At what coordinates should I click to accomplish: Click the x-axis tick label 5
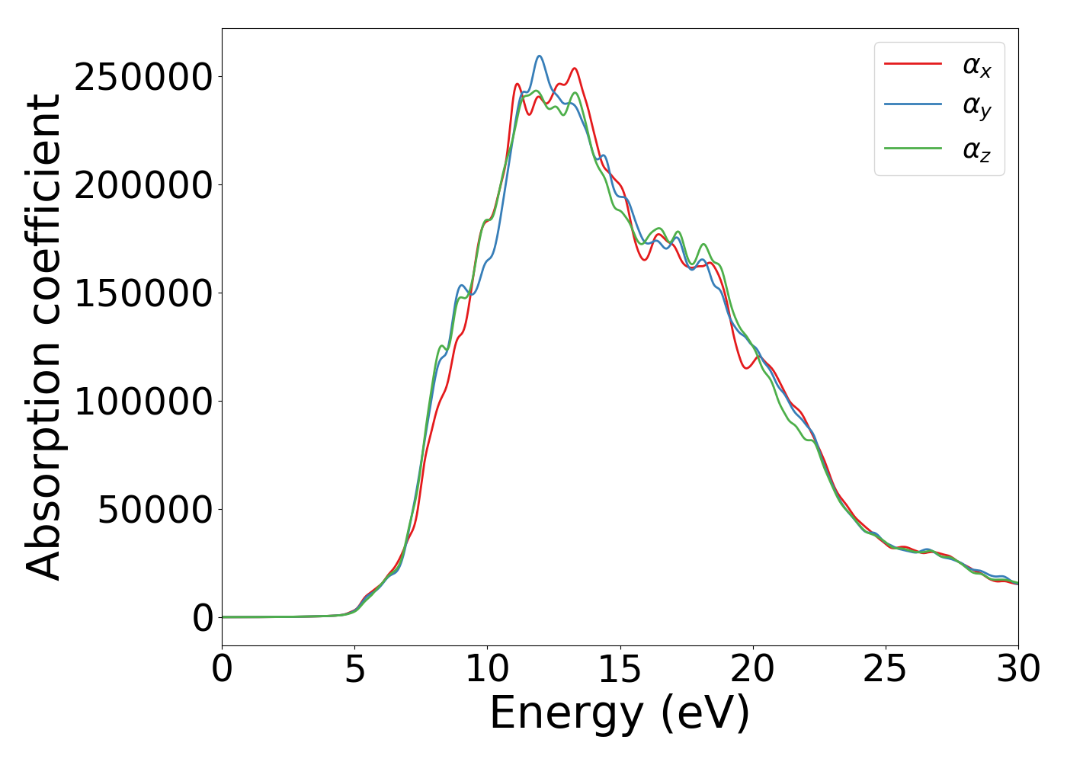[x=354, y=670]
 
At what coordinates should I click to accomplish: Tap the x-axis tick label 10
[x=487, y=670]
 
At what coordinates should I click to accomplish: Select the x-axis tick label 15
[x=620, y=670]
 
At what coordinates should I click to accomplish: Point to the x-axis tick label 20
[x=752, y=670]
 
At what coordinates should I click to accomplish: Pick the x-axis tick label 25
[x=885, y=670]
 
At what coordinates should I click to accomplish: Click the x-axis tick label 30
[x=1017, y=670]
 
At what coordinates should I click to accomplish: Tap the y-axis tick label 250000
[x=143, y=78]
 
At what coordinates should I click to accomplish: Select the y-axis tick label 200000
[x=143, y=186]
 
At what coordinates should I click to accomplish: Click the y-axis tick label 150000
[x=143, y=294]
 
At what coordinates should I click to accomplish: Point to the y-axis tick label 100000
[x=143, y=402]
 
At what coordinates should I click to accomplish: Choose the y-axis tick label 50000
[x=155, y=511]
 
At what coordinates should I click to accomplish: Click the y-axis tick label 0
[x=203, y=619]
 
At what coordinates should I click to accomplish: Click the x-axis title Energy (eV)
[x=620, y=715]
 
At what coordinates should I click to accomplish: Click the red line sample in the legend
[x=913, y=65]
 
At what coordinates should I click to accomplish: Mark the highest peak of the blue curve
[x=540, y=56]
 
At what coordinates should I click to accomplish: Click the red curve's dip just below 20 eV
[x=747, y=368]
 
